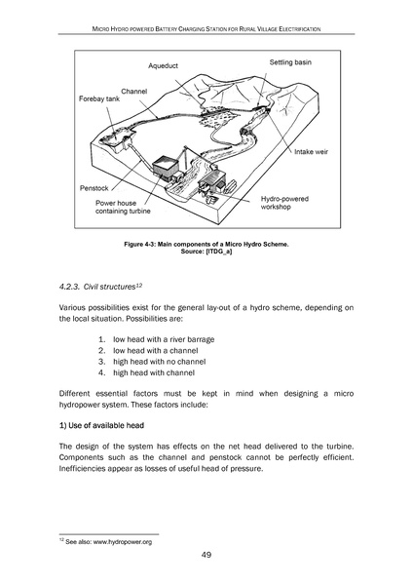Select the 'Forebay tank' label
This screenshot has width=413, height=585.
99,98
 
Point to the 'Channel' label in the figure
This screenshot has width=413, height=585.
133,89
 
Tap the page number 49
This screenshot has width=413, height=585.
206,556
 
